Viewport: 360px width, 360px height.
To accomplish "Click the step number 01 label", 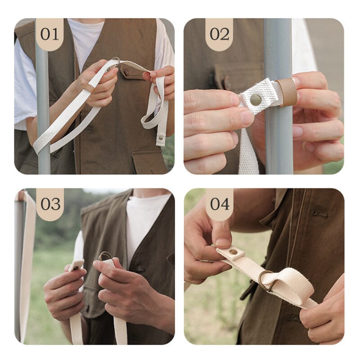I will click(49, 34).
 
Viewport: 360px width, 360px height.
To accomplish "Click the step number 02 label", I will click(219, 34).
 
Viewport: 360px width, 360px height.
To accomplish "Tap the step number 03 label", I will click(50, 203).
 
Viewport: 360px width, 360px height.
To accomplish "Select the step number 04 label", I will click(220, 203).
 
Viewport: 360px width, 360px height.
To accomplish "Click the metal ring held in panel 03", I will click(104, 256).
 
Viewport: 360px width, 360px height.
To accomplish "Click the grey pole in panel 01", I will click(43, 112).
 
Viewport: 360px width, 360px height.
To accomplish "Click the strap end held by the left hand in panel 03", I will click(76, 265).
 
